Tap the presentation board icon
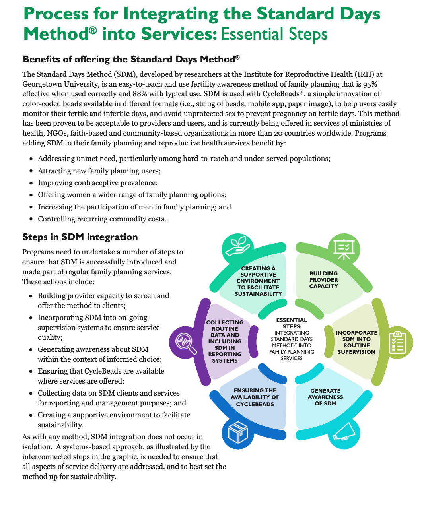[344, 249]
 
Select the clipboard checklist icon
[397, 342]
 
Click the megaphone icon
[344, 432]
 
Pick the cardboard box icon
[238, 432]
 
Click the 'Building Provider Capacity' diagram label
[323, 280]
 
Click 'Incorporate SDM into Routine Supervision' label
[356, 342]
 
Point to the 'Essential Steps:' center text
[292, 323]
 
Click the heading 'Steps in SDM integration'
[80, 237]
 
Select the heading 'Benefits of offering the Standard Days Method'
[131, 59]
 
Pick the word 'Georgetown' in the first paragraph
[42, 84]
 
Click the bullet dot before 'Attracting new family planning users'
[31, 171]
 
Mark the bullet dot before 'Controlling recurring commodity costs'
[31, 219]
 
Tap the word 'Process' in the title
[56, 14]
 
